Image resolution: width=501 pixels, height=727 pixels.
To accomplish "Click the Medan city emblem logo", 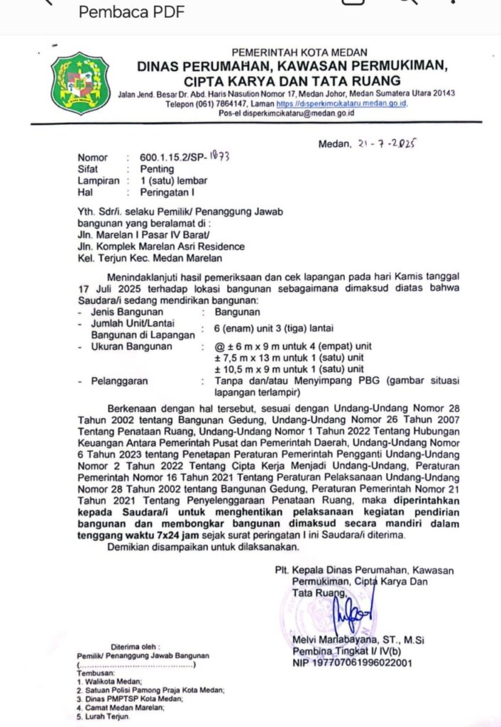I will [x=79, y=83].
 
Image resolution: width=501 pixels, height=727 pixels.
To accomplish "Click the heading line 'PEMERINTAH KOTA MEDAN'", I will [x=299, y=53].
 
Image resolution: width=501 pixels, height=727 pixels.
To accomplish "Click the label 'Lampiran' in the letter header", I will [x=97, y=180].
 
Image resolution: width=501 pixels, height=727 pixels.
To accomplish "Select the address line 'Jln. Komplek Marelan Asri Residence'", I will [x=161, y=246].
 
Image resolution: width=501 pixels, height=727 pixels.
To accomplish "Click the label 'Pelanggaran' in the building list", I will [x=119, y=381].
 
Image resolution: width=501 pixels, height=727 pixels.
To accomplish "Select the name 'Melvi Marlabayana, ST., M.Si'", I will [x=358, y=640].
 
